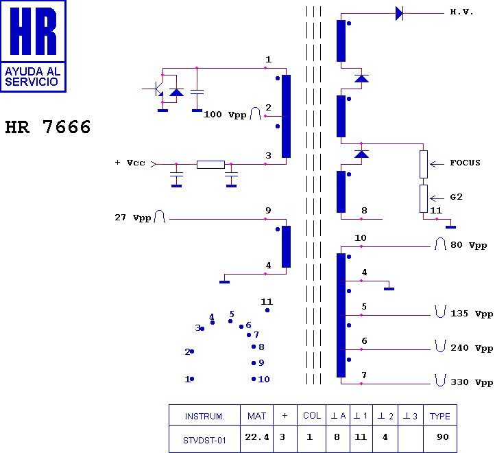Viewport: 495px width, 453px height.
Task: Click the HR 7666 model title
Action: (x=48, y=127)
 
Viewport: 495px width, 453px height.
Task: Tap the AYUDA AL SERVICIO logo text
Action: (x=32, y=76)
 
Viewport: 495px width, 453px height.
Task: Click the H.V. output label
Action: (x=461, y=12)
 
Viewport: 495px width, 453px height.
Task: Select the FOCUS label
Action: (x=465, y=163)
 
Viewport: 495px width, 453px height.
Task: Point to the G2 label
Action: (x=456, y=197)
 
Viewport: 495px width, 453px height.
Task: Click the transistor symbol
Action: (x=156, y=89)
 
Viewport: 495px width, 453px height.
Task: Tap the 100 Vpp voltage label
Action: (x=225, y=115)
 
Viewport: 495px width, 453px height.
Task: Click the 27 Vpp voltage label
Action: (x=132, y=218)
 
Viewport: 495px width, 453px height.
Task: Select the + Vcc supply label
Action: (x=130, y=163)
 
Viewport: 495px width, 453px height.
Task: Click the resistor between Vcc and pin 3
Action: (x=210, y=164)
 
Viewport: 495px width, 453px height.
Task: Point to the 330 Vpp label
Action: (x=472, y=382)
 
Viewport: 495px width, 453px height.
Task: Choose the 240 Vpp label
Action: (x=472, y=348)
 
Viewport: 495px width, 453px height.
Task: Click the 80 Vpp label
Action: (x=468, y=245)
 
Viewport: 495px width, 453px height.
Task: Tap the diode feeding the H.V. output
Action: (x=399, y=14)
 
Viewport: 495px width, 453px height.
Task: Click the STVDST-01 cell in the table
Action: (x=204, y=441)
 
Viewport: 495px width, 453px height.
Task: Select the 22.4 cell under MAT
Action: (x=257, y=437)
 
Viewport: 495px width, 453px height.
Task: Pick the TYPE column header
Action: (x=439, y=416)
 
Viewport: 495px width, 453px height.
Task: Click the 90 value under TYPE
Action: (x=443, y=437)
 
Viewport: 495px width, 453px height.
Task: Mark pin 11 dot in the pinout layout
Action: (x=267, y=310)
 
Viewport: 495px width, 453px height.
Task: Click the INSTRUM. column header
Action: (x=204, y=417)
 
